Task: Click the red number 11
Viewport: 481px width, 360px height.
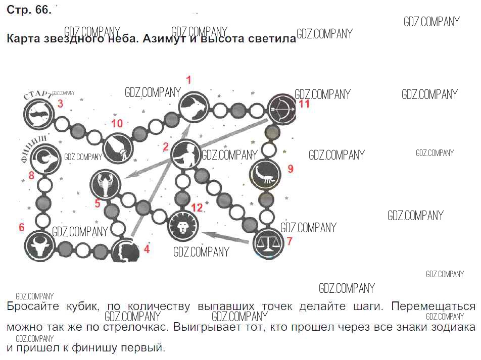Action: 304,105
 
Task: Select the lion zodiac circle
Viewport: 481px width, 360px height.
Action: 183,226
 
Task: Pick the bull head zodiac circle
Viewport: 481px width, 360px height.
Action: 40,246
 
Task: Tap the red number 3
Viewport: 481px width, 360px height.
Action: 60,105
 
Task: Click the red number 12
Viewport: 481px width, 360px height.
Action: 197,208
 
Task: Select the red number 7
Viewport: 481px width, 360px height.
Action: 290,241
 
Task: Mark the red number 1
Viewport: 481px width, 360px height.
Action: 189,80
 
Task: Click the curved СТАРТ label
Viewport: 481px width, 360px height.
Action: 37,94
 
